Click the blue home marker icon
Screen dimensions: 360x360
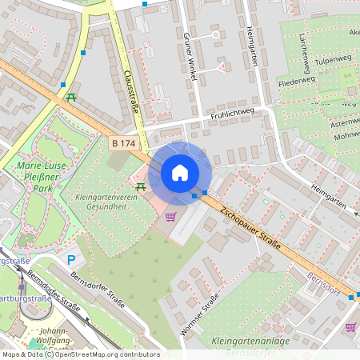pos(180,173)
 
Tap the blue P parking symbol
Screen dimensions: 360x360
pos(71,259)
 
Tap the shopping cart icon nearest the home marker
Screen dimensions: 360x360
pos(170,216)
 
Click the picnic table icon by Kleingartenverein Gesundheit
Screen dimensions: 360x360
pos(141,186)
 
